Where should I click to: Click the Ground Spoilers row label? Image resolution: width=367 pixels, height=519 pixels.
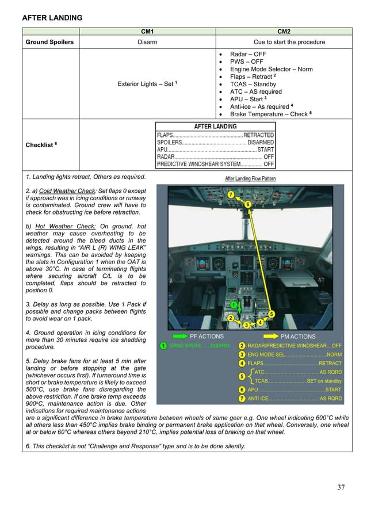coord(49,42)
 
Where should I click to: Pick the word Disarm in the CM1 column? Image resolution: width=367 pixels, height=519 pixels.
coord(147,42)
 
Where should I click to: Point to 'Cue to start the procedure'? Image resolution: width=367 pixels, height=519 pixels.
coord(289,42)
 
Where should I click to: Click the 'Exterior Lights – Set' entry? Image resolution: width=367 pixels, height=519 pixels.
coord(147,83)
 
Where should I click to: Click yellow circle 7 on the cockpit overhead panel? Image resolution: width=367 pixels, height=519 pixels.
coord(230,194)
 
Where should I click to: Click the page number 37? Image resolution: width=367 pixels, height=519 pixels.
coord(341,488)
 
